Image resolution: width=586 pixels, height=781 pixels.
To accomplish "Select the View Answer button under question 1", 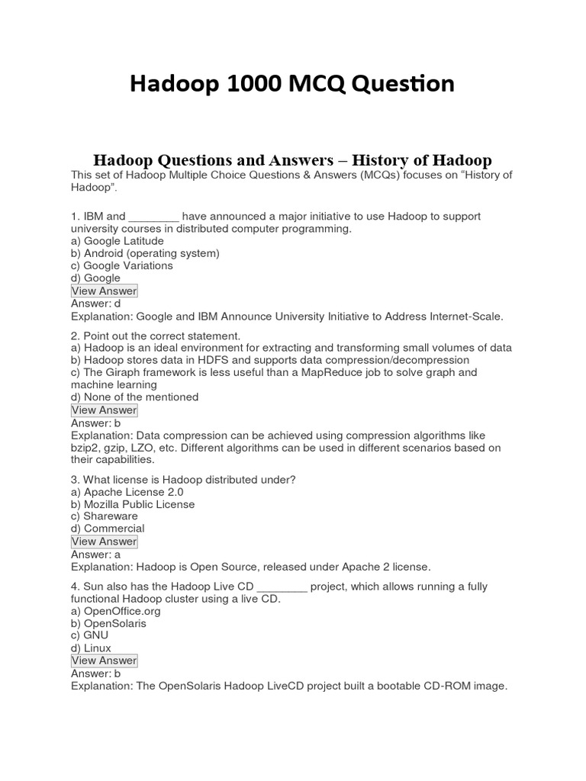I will [104, 291].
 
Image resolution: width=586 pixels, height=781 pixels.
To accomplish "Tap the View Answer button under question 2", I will [104, 410].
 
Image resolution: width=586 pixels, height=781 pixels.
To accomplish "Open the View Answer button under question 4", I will [104, 660].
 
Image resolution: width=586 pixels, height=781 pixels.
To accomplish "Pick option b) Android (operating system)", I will [145, 253].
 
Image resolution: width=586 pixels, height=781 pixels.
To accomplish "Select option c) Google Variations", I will [121, 265].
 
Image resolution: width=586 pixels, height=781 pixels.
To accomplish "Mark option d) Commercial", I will [108, 529].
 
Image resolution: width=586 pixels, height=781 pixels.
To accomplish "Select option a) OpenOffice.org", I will [110, 611].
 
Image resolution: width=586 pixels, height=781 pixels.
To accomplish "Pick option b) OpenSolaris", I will [108, 623].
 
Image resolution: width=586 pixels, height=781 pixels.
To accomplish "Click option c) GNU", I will [89, 635].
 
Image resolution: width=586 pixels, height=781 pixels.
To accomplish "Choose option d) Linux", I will [91, 648].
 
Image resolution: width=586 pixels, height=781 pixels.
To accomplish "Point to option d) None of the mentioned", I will [134, 397].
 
